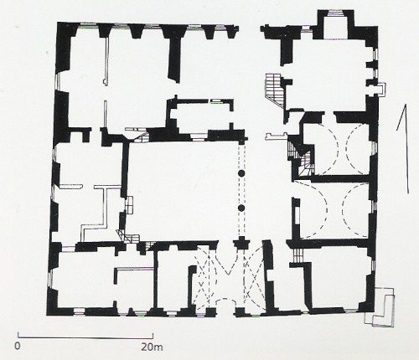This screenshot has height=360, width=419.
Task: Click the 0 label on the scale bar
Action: click(18, 346)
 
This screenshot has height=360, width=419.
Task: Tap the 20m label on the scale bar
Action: click(152, 347)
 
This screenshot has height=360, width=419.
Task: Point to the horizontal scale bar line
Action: click(85, 337)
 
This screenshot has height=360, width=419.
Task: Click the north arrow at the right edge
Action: click(403, 148)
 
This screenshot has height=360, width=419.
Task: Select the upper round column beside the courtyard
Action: click(241, 173)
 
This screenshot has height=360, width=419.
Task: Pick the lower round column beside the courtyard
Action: click(241, 208)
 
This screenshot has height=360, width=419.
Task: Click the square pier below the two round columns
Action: click(241, 243)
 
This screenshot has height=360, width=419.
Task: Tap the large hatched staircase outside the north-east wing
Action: click(275, 90)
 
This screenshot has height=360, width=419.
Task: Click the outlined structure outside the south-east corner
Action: click(380, 307)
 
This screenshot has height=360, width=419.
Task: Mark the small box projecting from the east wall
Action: click(381, 90)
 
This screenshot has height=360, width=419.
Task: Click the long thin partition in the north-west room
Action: click(106, 61)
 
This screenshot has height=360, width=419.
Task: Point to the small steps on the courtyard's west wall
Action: click(129, 205)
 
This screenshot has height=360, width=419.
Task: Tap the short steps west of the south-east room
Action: click(298, 255)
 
